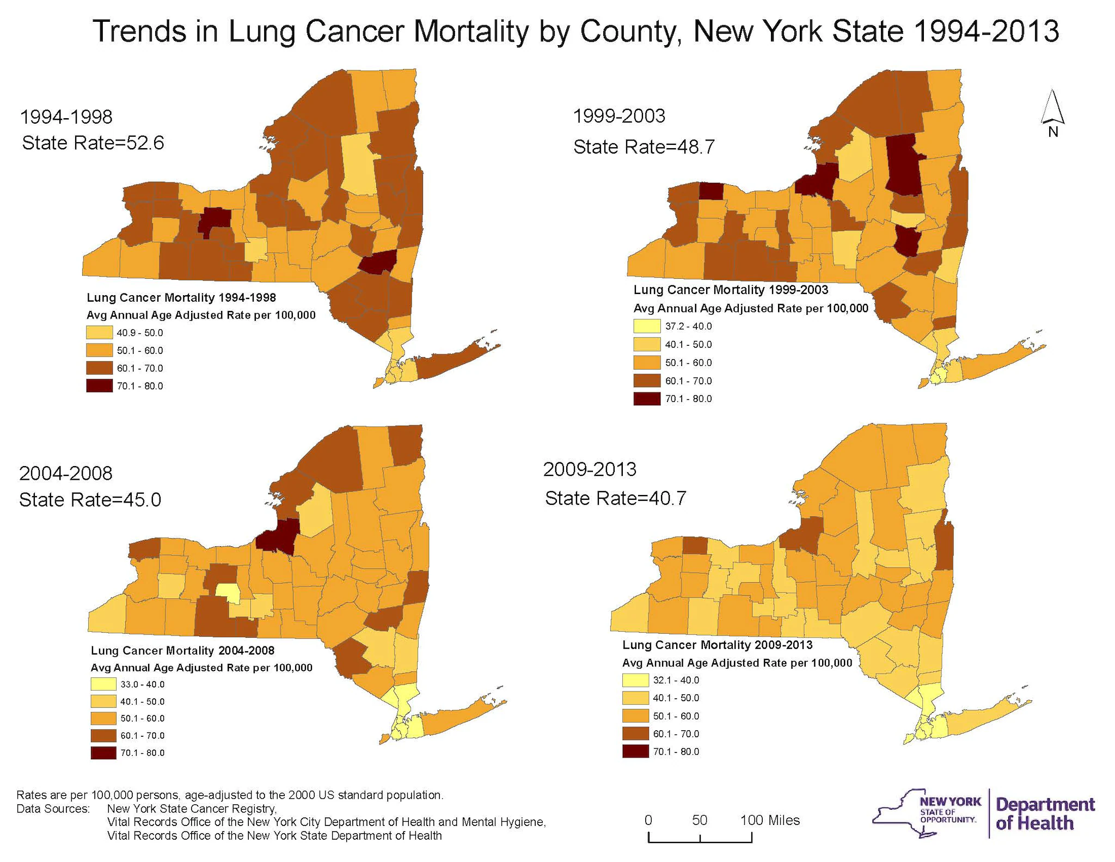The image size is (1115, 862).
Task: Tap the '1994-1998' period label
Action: (66, 117)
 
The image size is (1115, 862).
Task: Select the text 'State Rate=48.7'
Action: (644, 147)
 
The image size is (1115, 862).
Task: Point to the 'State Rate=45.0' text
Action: (90, 500)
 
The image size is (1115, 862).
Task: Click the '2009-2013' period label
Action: (590, 469)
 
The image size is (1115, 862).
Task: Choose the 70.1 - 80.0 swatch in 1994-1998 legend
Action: (99, 386)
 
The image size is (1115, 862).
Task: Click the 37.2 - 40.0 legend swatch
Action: (647, 326)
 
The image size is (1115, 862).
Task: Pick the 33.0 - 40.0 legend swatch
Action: (103, 684)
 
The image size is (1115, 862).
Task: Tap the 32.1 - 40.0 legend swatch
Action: (635, 680)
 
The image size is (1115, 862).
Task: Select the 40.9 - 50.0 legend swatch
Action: (99, 333)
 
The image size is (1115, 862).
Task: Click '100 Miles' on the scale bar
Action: (770, 820)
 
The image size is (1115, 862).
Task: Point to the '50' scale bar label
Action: (700, 820)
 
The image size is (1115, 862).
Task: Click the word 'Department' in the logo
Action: (1045, 804)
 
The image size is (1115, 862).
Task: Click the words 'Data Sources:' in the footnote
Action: (53, 809)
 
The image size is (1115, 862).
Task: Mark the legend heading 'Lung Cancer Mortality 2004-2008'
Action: (182, 650)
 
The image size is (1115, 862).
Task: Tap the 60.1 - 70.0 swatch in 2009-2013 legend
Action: (635, 733)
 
